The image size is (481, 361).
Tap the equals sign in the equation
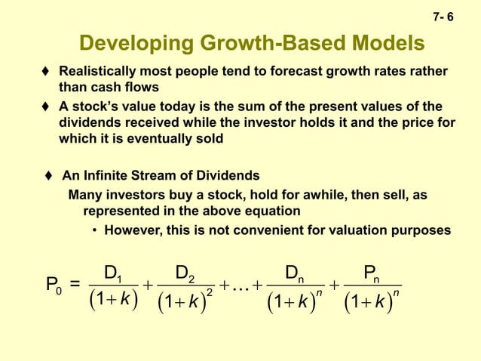click(75, 284)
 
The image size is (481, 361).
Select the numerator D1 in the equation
click(113, 271)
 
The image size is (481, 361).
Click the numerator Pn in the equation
click(372, 271)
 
